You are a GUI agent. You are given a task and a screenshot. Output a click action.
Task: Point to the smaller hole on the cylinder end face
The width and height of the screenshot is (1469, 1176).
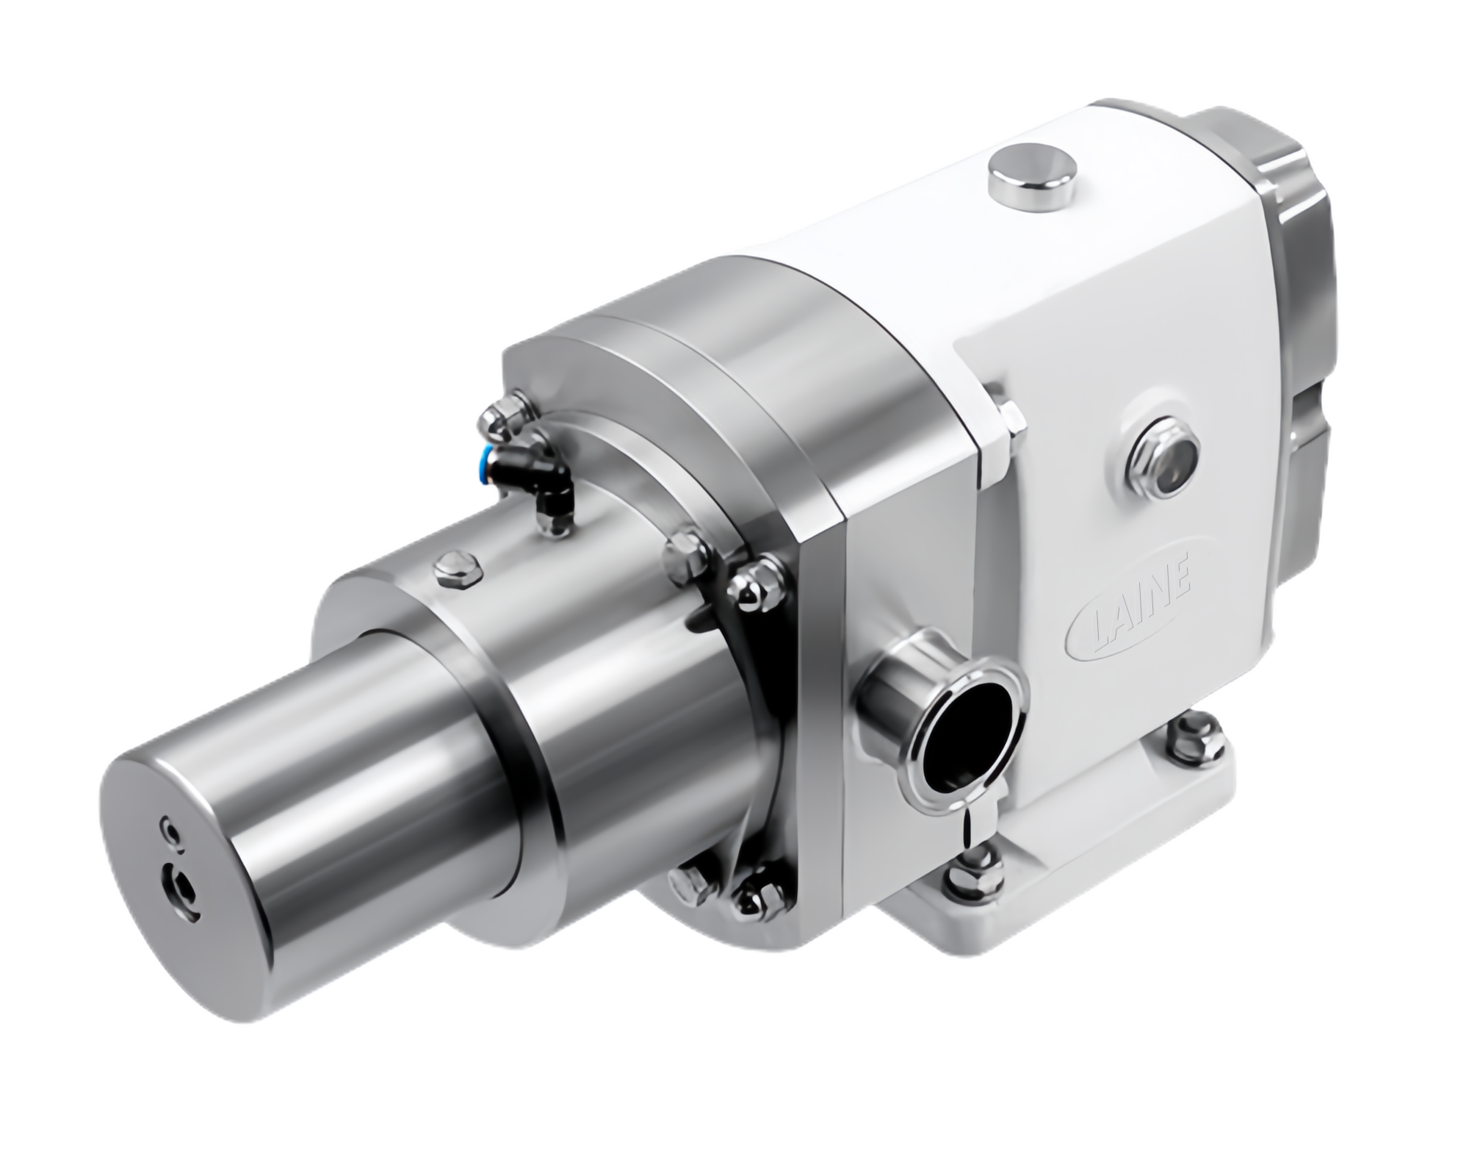point(172,830)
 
